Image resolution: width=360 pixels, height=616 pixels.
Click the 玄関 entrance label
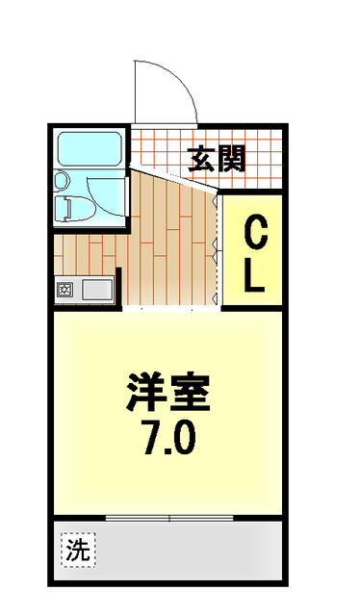(217, 159)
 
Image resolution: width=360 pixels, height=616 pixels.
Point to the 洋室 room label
(167, 392)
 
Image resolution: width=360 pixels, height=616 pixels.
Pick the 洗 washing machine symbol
(78, 550)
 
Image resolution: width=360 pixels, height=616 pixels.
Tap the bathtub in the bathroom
(90, 149)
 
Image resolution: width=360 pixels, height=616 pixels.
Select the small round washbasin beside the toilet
(62, 181)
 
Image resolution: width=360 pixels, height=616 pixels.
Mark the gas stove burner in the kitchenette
(64, 291)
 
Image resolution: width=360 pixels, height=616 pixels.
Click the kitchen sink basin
(96, 291)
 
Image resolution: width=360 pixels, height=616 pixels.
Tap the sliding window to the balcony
(169, 518)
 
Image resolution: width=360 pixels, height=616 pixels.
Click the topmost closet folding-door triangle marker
(215, 201)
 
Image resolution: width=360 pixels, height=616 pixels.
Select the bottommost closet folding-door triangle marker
(215, 299)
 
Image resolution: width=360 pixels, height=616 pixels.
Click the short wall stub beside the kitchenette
(118, 288)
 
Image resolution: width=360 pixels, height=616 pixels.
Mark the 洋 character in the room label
(146, 392)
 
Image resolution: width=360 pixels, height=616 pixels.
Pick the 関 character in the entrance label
(232, 159)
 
